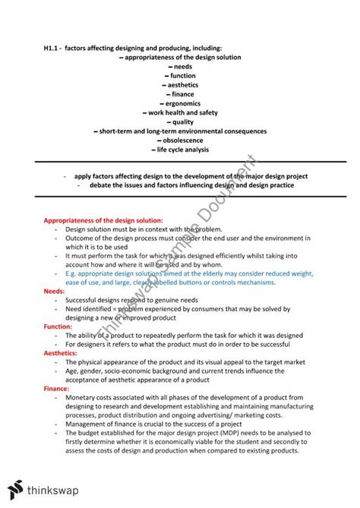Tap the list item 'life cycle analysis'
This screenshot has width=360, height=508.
[x=182, y=150]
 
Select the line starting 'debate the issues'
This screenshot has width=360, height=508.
[x=198, y=185]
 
